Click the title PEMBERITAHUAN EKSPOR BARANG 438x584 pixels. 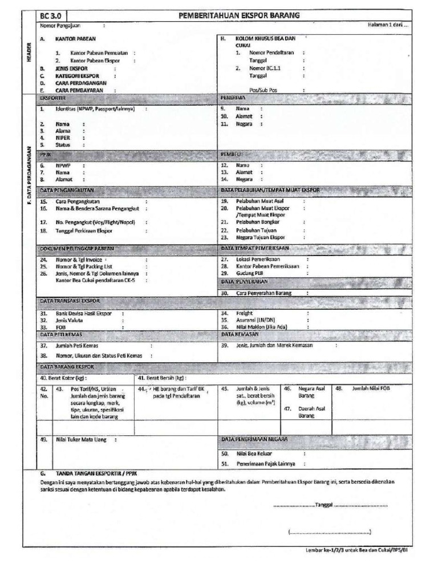(x=240, y=15)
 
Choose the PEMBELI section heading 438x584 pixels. (x=231, y=154)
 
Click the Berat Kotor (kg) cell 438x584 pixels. (x=63, y=377)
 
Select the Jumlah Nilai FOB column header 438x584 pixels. (x=371, y=387)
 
